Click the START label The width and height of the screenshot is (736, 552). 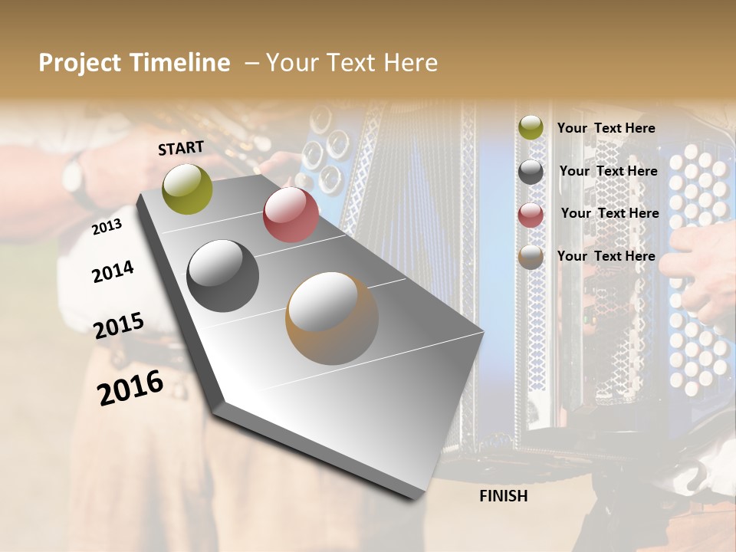pyautogui.click(x=181, y=148)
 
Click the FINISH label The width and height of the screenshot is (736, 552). pyautogui.click(x=503, y=496)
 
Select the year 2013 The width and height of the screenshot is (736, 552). pyautogui.click(x=107, y=227)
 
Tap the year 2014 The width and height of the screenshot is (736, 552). pyautogui.click(x=113, y=271)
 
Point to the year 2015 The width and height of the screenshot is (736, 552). pyautogui.click(x=119, y=326)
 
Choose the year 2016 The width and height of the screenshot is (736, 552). pyautogui.click(x=130, y=387)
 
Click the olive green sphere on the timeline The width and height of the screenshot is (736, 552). pyautogui.click(x=188, y=189)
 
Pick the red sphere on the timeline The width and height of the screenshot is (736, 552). pyautogui.click(x=291, y=214)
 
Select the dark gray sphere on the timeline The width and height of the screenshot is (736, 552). pyautogui.click(x=223, y=275)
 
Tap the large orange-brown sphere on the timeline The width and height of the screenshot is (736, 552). pyautogui.click(x=332, y=317)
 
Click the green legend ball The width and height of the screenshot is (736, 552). pyautogui.click(x=531, y=127)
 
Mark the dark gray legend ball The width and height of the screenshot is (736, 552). pyautogui.click(x=531, y=171)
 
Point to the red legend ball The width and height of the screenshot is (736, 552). pyautogui.click(x=531, y=214)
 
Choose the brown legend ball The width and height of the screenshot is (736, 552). pyautogui.click(x=531, y=257)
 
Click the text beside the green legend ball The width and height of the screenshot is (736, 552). pyautogui.click(x=606, y=128)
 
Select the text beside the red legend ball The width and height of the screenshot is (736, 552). pyautogui.click(x=609, y=213)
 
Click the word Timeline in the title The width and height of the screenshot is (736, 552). pyautogui.click(x=181, y=63)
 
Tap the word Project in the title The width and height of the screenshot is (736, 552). pyautogui.click(x=79, y=63)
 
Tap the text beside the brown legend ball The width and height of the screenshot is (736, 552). pyautogui.click(x=606, y=256)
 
